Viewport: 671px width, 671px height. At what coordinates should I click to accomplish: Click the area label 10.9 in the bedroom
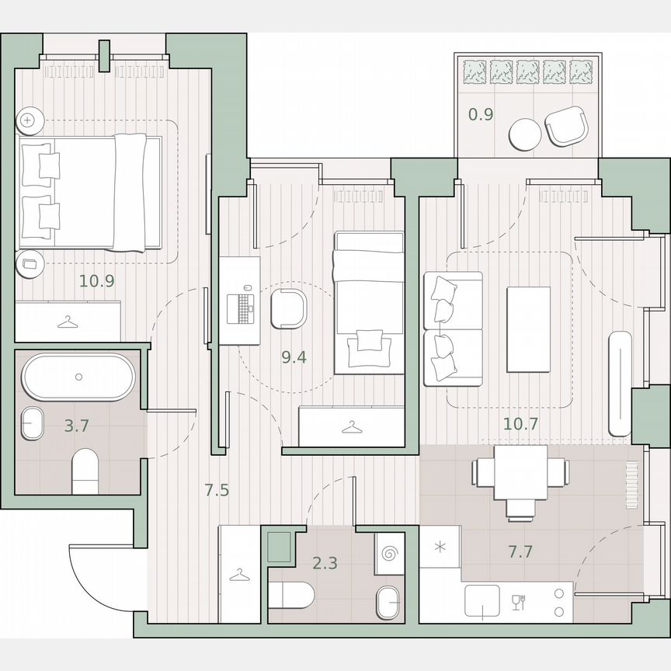[97, 280]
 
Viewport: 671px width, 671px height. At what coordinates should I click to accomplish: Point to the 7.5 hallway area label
[217, 490]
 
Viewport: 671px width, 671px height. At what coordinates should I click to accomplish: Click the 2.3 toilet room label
[325, 563]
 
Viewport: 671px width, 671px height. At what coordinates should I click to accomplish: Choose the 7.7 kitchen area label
[520, 552]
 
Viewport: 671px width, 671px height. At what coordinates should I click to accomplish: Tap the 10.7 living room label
[520, 423]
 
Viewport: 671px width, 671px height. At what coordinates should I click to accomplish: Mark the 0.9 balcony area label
[481, 115]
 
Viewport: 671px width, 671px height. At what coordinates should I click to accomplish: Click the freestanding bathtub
[78, 377]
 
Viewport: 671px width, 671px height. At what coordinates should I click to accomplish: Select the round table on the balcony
[526, 134]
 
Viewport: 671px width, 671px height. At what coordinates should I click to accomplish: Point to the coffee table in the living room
[528, 329]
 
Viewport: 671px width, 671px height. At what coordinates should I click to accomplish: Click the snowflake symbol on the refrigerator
[440, 547]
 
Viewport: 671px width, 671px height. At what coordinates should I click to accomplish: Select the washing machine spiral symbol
[388, 555]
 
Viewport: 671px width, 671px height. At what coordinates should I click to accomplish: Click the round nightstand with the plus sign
[29, 120]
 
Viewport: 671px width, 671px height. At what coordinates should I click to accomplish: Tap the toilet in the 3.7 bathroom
[85, 474]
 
